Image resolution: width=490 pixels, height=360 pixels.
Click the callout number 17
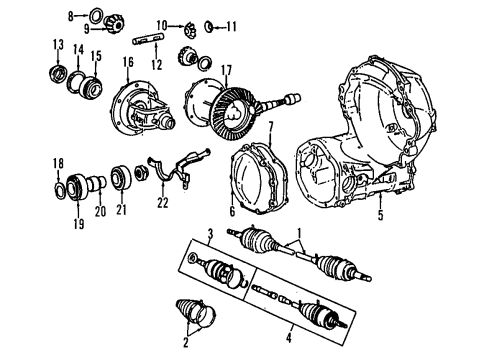(x=226, y=70)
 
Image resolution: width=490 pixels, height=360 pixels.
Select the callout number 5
(x=379, y=214)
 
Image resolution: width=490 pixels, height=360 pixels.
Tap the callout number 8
(x=70, y=16)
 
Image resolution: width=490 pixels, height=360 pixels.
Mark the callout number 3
(x=211, y=234)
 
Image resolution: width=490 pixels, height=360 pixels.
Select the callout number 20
(x=99, y=211)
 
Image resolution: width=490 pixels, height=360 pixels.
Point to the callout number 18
(x=57, y=162)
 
